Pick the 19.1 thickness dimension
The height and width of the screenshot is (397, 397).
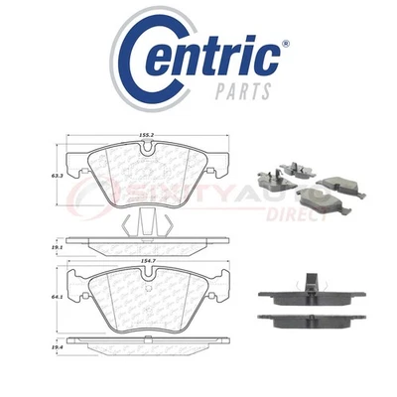44,239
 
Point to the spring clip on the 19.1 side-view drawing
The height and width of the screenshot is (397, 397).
146,222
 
